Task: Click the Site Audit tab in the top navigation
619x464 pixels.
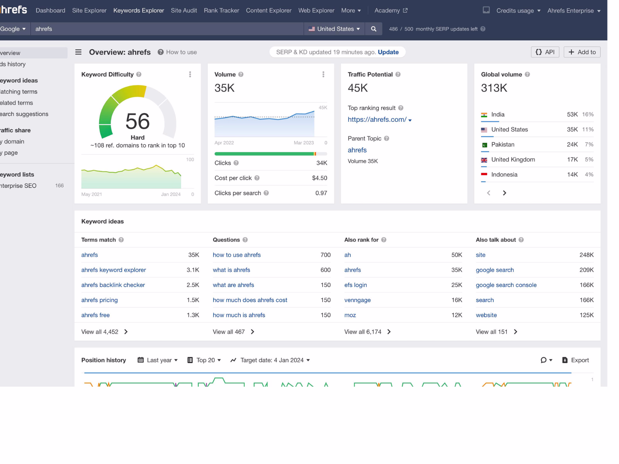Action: [x=184, y=10]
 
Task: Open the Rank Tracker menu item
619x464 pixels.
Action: [x=221, y=10]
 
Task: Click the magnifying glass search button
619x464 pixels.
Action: [x=374, y=29]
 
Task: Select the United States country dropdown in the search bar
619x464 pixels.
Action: [x=334, y=29]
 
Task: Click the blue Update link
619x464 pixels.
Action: [x=388, y=52]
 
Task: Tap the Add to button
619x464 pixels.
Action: [x=582, y=52]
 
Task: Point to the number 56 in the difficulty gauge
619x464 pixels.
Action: [x=137, y=121]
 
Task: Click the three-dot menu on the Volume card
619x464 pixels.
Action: [x=323, y=74]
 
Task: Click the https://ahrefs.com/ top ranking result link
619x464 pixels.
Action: [x=377, y=119]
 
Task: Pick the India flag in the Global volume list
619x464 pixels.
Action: [x=484, y=115]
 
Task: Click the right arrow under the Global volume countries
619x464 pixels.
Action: [x=504, y=193]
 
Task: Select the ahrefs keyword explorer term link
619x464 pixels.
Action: [x=114, y=270]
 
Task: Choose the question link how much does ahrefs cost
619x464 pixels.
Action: [x=250, y=300]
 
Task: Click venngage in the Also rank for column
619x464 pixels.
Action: [x=357, y=300]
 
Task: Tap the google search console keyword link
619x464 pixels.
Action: [x=506, y=285]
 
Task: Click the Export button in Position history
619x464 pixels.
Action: [x=575, y=360]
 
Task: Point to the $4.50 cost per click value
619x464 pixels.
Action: [x=320, y=178]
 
